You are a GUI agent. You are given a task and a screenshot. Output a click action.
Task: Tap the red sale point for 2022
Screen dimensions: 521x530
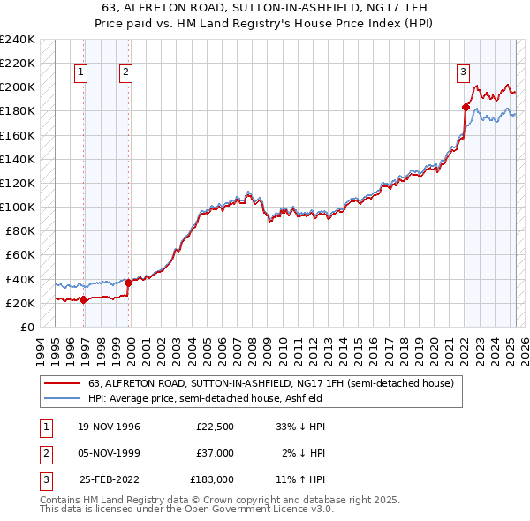click(x=466, y=107)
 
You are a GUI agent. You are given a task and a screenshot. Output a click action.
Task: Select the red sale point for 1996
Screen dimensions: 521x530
click(x=83, y=299)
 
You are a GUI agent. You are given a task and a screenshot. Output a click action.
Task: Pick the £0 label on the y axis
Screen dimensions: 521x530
click(x=26, y=327)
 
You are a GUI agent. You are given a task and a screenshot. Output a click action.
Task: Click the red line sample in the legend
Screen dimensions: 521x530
click(x=63, y=383)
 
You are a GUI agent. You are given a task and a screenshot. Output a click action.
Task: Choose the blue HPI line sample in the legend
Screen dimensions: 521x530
click(x=63, y=398)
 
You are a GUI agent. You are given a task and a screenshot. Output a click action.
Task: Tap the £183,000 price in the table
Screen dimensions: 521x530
click(x=212, y=480)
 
